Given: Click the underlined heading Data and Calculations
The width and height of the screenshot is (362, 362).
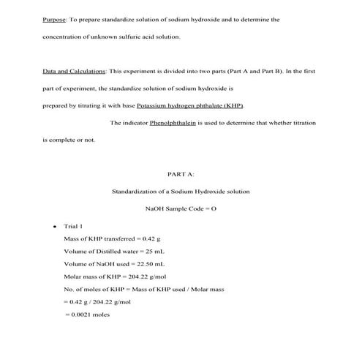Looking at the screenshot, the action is pyautogui.click(x=73, y=72).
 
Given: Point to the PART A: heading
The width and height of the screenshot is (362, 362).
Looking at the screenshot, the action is pyautogui.click(x=181, y=174).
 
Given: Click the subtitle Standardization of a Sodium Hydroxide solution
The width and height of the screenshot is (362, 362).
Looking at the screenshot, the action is pyautogui.click(x=180, y=192).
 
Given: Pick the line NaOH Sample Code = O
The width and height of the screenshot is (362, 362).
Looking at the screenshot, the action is pyautogui.click(x=181, y=209).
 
